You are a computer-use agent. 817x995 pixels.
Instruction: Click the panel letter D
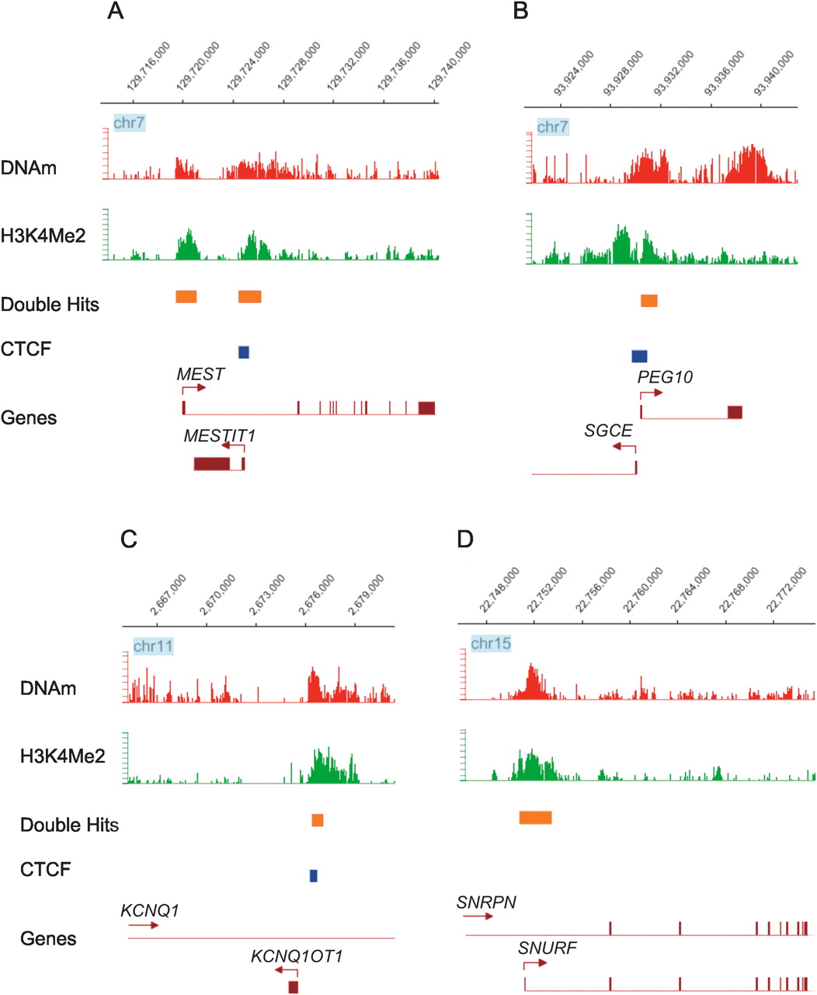coord(465,538)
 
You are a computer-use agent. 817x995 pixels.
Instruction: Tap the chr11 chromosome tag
coord(153,646)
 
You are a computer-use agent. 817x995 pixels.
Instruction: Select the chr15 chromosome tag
coord(491,644)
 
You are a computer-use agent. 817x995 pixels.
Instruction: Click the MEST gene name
coord(200,374)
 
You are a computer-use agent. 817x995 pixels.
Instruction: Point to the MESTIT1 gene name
coord(219,436)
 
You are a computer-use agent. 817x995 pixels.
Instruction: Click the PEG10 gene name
coord(665,377)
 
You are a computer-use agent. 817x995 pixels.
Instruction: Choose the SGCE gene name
coord(608,430)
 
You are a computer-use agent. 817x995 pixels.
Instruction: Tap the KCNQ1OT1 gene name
coord(297,956)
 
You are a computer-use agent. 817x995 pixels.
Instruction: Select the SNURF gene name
coord(548,948)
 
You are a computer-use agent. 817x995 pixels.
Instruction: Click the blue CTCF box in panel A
coord(244,352)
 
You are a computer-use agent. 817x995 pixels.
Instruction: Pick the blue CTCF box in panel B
coord(639,356)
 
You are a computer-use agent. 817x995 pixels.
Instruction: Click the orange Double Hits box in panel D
coord(535,817)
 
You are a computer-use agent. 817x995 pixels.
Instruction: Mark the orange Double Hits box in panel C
coord(318,820)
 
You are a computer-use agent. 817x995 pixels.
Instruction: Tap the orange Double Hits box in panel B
coord(649,301)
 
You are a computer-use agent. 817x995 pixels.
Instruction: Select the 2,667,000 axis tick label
coord(169,595)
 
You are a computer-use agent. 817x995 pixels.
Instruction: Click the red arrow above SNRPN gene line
coord(478,917)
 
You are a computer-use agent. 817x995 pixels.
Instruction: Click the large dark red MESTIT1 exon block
coord(212,464)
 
